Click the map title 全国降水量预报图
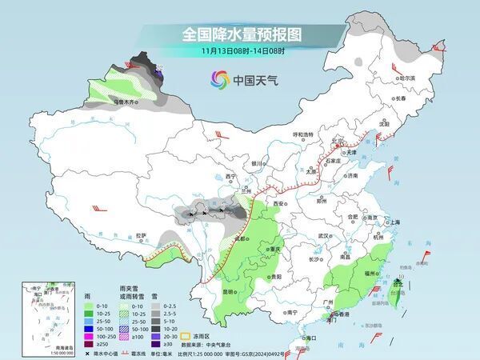tap(239, 34)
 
